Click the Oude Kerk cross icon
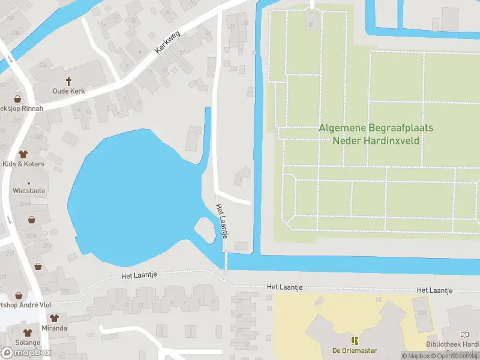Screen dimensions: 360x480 (x=68, y=80)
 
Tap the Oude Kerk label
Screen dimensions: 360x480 (x=68, y=91)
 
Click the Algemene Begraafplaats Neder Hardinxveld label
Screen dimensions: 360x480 (x=376, y=134)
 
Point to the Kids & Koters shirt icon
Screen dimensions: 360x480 (x=23, y=154)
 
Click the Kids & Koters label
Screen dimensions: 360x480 (x=23, y=164)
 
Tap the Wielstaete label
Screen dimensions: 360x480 (x=28, y=190)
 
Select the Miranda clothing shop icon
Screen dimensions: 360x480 (x=54, y=318)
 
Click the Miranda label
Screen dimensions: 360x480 (x=54, y=328)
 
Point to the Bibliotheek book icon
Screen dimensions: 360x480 (x=465, y=334)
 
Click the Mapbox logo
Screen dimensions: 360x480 (x=26, y=352)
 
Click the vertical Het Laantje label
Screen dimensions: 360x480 (x=221, y=221)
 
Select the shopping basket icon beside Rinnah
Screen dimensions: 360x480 (x=17, y=98)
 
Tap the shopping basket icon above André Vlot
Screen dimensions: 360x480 (x=18, y=295)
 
